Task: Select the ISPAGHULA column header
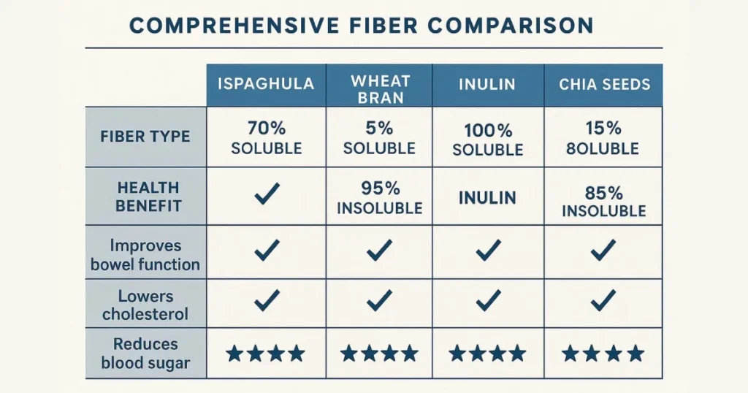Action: pyautogui.click(x=266, y=83)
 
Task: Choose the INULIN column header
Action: pyautogui.click(x=488, y=84)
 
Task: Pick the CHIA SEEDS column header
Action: pyautogui.click(x=604, y=84)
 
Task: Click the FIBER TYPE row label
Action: pyautogui.click(x=145, y=137)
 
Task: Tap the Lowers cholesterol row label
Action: pyautogui.click(x=145, y=305)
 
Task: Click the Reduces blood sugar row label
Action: pyautogui.click(x=145, y=354)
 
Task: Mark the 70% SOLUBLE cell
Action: pyautogui.click(x=266, y=138)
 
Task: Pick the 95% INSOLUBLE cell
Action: pyautogui.click(x=380, y=199)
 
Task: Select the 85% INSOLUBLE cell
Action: pyautogui.click(x=604, y=202)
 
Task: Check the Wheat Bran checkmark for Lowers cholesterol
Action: pyautogui.click(x=380, y=299)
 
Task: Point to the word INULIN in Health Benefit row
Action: pyautogui.click(x=488, y=198)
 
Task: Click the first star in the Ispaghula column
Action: pyautogui.click(x=234, y=354)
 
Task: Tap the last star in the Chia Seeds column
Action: pyautogui.click(x=636, y=354)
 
